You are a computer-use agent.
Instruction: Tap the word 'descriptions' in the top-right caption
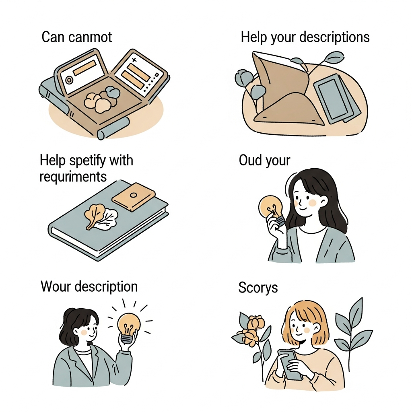[334, 37]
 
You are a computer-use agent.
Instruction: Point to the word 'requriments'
[73, 177]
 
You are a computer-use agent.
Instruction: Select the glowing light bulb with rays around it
[128, 328]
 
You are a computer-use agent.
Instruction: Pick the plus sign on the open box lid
[134, 60]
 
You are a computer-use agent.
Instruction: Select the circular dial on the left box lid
[69, 80]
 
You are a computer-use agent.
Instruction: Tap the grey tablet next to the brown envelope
[336, 98]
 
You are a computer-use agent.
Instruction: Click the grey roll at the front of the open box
[113, 128]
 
